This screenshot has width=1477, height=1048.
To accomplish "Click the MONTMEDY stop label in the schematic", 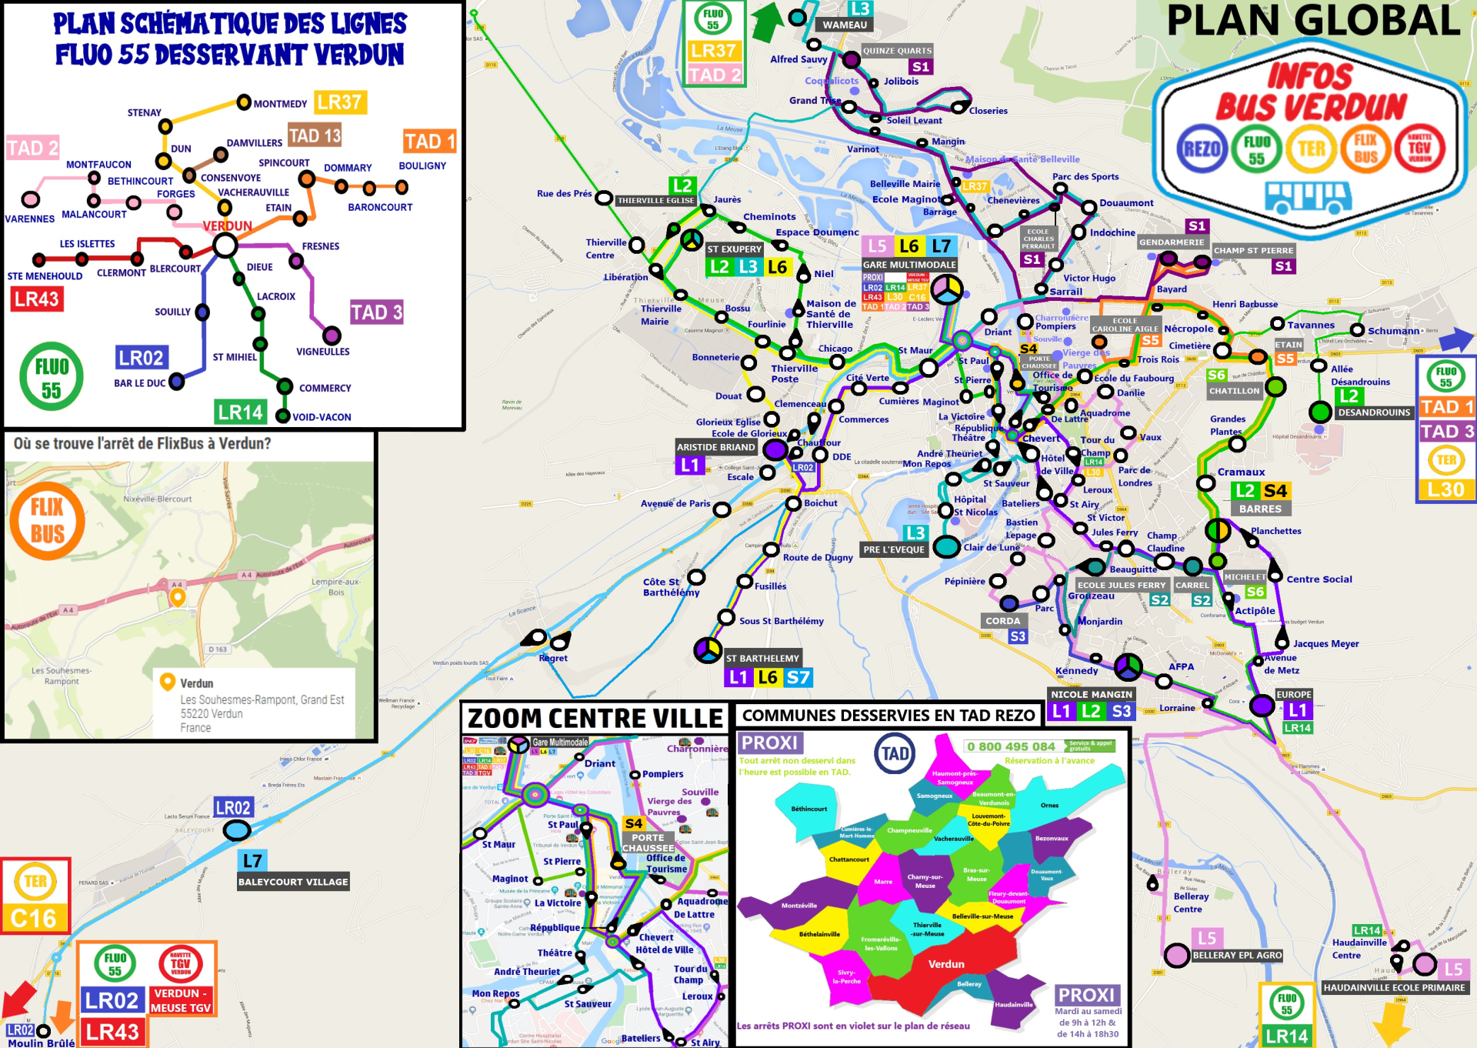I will (x=280, y=104).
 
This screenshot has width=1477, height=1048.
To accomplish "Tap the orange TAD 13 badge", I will (x=315, y=136).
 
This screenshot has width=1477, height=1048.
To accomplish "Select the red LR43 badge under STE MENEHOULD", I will (x=36, y=299).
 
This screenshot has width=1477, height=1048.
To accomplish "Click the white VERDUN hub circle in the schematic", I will (x=225, y=245).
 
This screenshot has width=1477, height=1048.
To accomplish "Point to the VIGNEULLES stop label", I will (x=322, y=352).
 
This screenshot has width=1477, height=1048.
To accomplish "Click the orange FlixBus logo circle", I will (x=47, y=521).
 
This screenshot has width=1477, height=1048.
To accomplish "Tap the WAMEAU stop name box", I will (x=845, y=25).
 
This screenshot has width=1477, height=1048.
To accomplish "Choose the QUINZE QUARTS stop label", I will (x=897, y=51).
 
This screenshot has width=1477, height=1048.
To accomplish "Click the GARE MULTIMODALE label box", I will (x=909, y=265).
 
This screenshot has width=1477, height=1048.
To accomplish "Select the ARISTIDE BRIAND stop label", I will (x=715, y=447).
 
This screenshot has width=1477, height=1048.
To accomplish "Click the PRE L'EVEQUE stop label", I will (x=893, y=549).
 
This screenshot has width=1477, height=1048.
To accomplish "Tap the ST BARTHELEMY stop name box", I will (x=762, y=659).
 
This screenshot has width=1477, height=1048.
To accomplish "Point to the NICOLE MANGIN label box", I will (x=1092, y=694).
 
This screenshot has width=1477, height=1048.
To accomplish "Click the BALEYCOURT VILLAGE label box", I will (x=293, y=882).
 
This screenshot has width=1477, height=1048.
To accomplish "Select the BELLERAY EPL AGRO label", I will (x=1237, y=955).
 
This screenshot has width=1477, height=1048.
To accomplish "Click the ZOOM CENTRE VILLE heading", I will (x=595, y=719).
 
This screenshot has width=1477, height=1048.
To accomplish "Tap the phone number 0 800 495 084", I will (x=1011, y=746).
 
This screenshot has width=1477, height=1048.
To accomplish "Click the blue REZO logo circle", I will (x=1202, y=149).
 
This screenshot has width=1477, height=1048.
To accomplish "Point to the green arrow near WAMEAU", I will (x=766, y=22).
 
